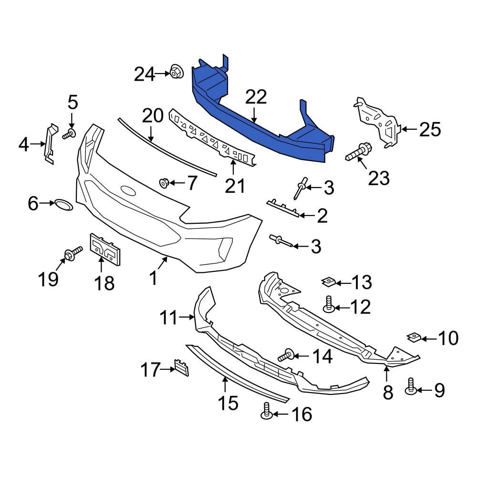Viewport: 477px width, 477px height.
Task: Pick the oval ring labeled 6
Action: click(62, 205)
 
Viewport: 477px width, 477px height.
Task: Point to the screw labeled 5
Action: click(70, 134)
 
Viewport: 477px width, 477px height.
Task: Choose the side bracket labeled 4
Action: click(49, 143)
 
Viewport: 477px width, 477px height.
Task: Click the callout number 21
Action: click(234, 186)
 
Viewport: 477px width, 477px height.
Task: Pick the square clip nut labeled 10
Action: click(414, 338)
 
